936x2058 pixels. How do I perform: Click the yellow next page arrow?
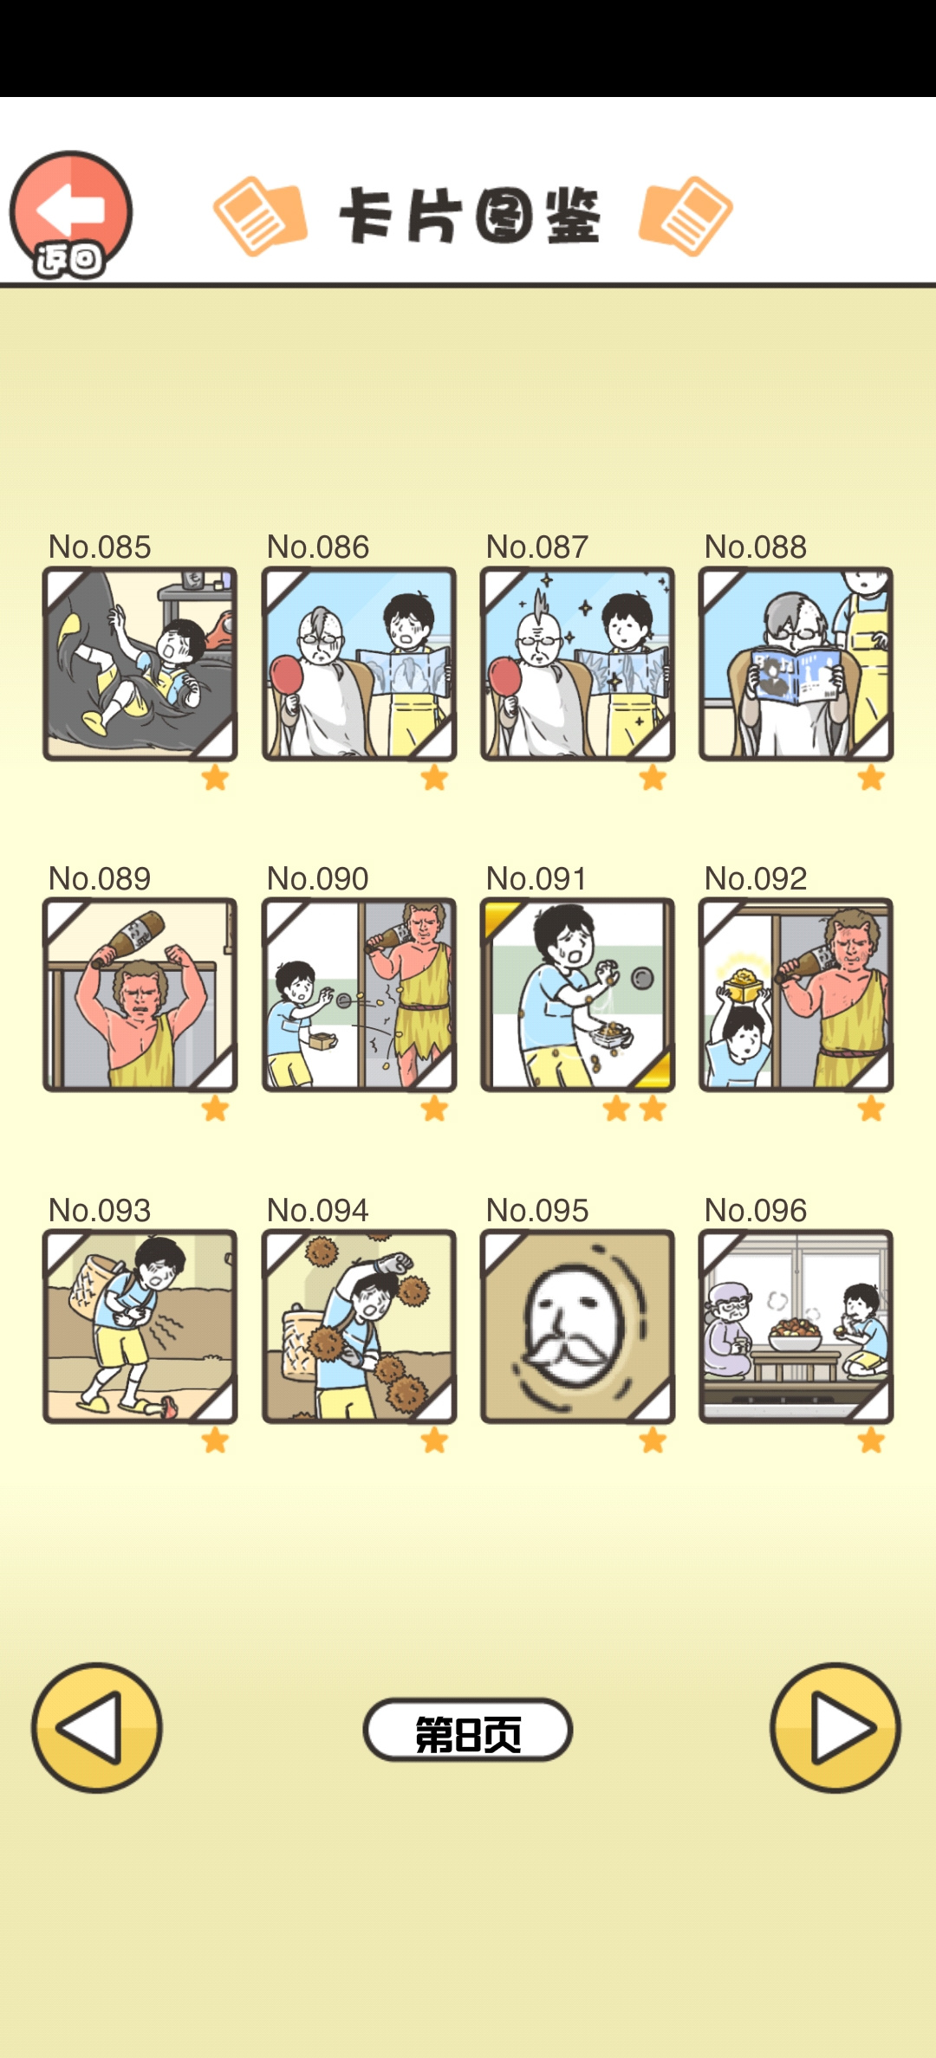coord(835,1728)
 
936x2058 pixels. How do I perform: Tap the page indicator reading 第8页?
coord(468,1730)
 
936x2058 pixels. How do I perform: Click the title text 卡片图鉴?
coord(469,216)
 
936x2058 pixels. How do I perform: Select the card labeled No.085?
coord(140,664)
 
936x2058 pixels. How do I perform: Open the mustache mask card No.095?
coord(577,1326)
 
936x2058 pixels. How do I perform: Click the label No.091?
coord(536,878)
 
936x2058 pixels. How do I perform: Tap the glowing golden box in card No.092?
coord(744,983)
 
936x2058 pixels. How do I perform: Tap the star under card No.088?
coord(871,778)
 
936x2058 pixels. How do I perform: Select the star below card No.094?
coord(434,1440)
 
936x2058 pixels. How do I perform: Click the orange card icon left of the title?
coord(260,217)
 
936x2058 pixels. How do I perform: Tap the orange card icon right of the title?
coord(686,217)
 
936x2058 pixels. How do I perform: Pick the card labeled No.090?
coord(359,994)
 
